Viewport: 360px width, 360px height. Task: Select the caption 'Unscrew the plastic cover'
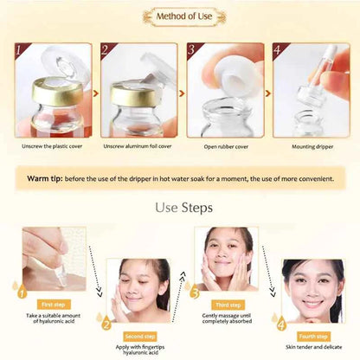pyautogui.click(x=55, y=145)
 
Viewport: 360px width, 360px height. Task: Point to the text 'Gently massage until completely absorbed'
pyautogui.click(x=228, y=317)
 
